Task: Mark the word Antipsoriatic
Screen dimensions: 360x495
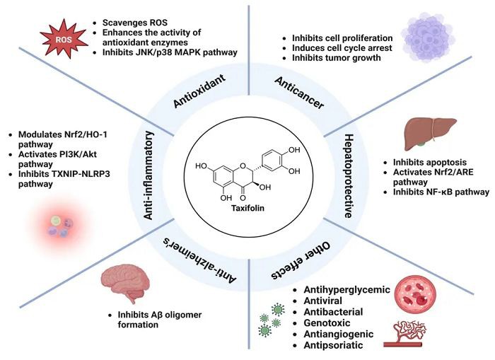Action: click(334, 345)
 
